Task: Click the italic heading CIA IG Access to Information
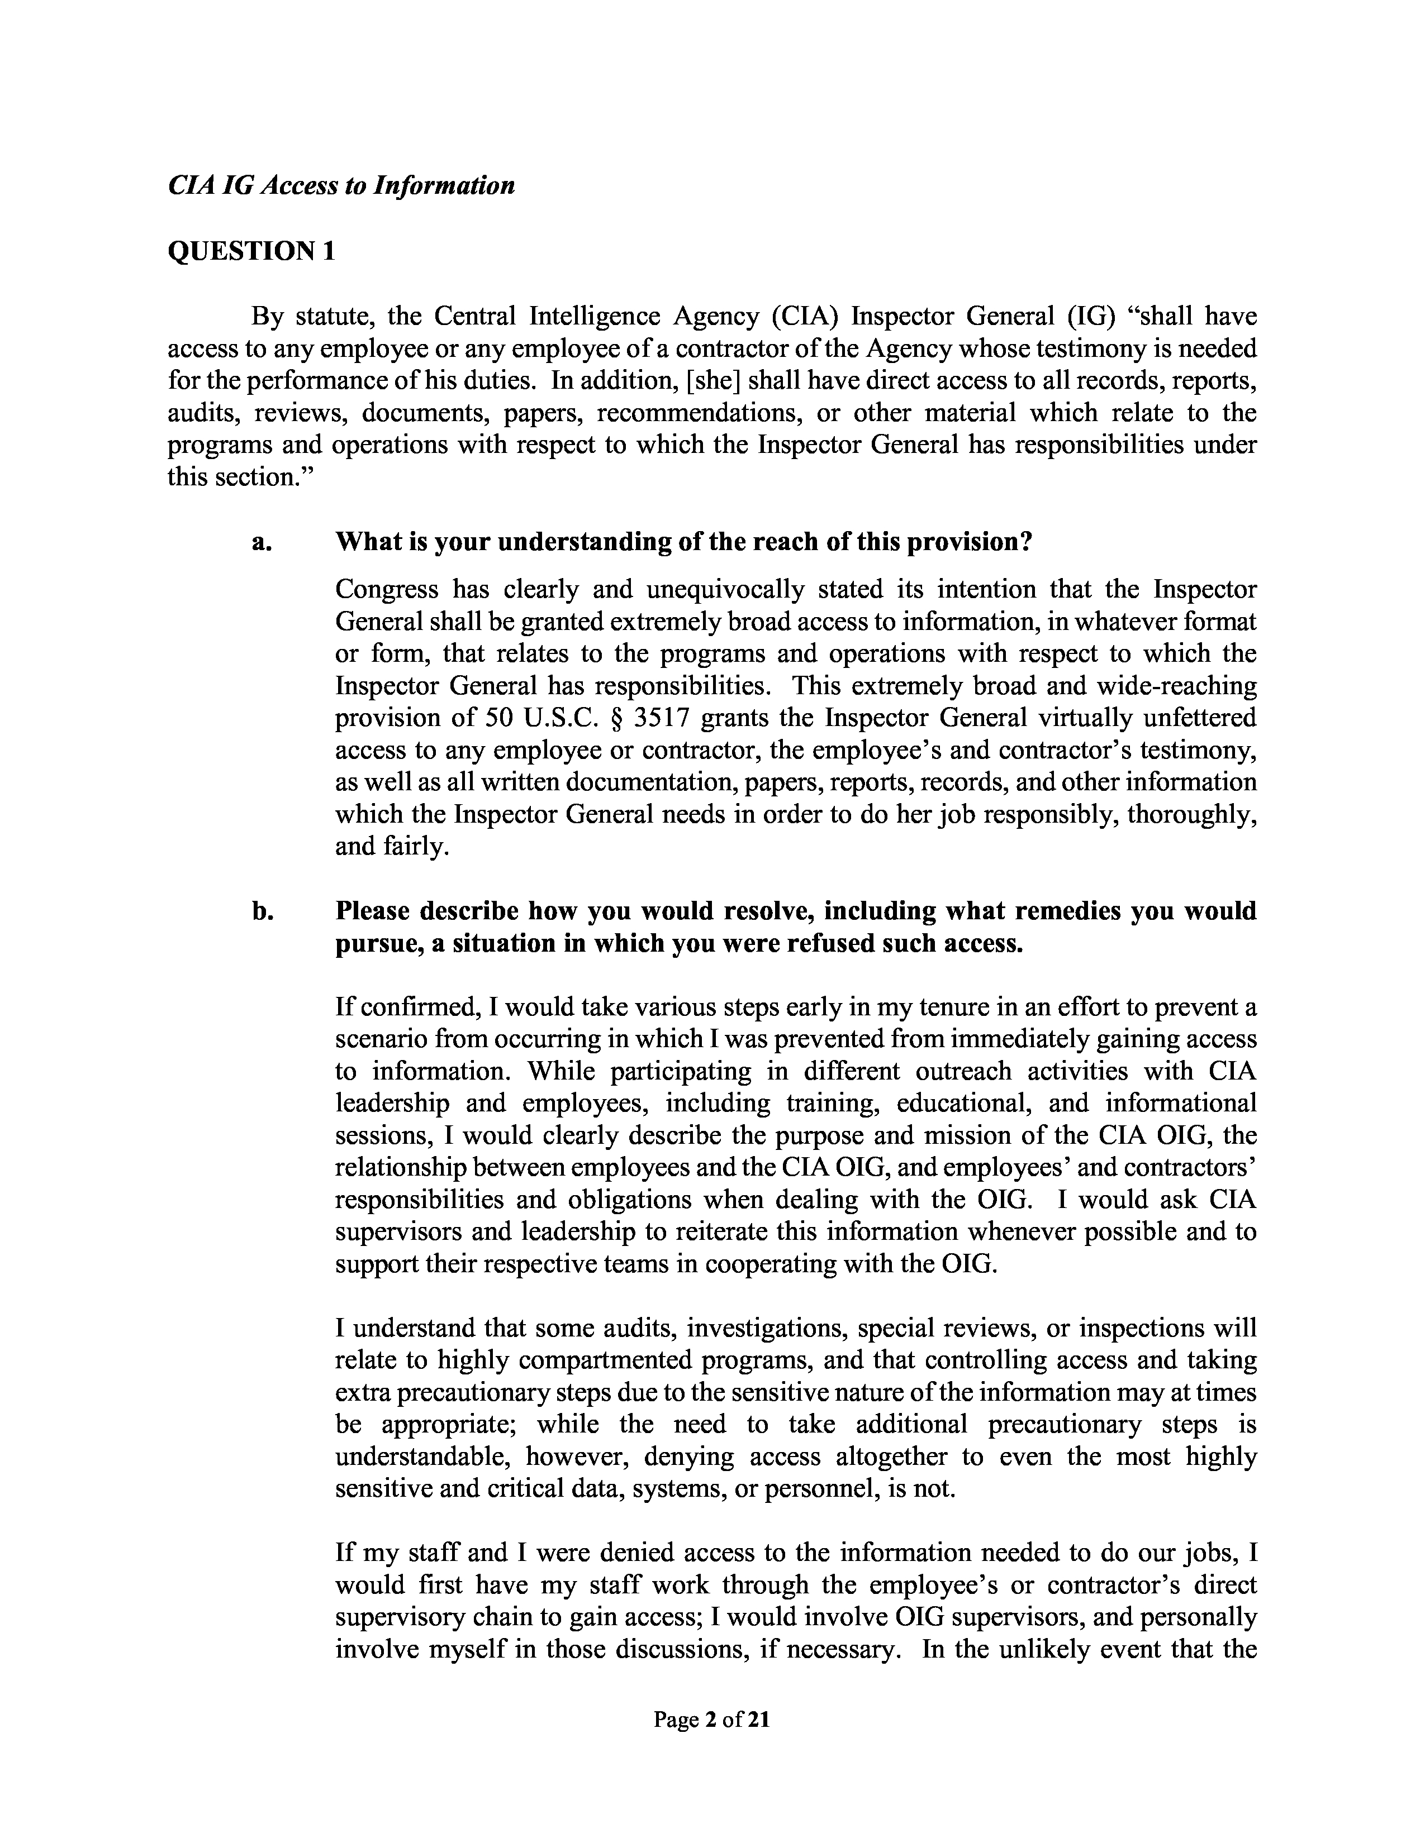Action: [341, 185]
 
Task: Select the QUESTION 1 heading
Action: [251, 251]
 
